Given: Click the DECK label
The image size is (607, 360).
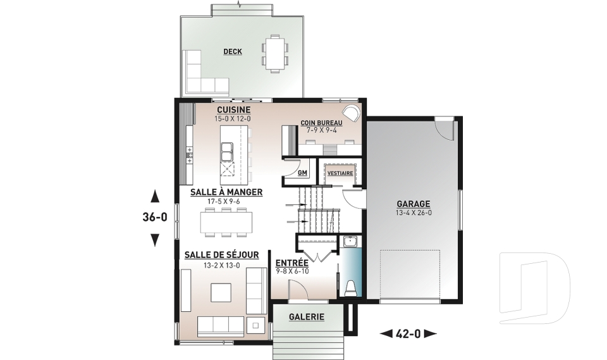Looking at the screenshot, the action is point(233,51).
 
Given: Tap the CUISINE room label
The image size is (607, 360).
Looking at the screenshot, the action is point(233,110).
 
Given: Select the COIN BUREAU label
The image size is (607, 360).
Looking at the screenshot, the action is point(321,123).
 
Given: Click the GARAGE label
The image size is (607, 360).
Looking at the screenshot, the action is point(413,204).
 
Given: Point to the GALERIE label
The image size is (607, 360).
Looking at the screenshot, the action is point(307,316).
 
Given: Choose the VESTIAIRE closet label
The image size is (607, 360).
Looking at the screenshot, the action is point(340,173).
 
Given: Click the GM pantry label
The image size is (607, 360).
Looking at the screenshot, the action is point(302,173).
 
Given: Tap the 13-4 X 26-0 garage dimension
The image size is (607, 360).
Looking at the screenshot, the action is point(414,213).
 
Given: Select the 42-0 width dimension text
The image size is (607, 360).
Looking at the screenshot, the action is point(408,333).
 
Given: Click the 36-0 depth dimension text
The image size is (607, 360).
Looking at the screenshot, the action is point(155,218).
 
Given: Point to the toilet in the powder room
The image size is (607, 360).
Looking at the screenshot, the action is point(351,287).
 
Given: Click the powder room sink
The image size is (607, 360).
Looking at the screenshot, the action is point(351,242).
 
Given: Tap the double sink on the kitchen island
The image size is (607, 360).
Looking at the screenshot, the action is point(226,151).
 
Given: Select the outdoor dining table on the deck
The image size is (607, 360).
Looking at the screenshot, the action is point(275,53).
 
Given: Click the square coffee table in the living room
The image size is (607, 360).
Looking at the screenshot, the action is point(221,292).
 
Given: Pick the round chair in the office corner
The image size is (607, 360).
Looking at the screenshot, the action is point(353,113).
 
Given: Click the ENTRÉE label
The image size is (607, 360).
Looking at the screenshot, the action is point(292,263).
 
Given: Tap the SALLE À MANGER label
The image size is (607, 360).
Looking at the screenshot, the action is point(226,192).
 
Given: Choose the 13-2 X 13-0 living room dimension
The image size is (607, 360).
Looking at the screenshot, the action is point(221,266).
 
